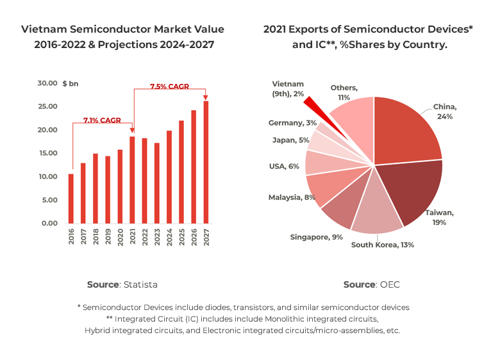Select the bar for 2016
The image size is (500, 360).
(71, 199)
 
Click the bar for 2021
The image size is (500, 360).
(132, 180)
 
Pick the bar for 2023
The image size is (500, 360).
(156, 183)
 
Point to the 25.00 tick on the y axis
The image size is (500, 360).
(47, 106)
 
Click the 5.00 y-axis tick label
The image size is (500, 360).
(49, 200)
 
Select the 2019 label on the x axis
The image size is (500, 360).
(108, 237)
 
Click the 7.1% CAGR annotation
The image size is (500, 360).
(102, 120)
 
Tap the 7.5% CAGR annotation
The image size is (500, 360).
(169, 86)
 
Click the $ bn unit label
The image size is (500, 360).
(71, 83)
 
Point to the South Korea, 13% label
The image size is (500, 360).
(382, 244)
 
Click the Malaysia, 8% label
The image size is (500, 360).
(292, 197)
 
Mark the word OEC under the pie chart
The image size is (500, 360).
(390, 284)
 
